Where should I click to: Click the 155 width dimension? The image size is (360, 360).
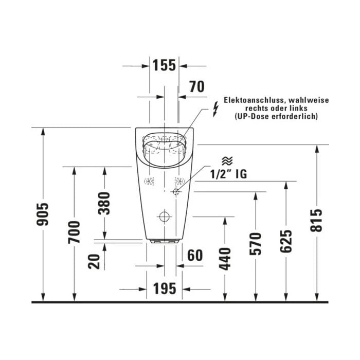[x=164, y=65]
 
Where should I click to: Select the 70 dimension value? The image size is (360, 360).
[x=197, y=86]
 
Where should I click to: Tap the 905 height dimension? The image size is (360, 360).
[x=43, y=214]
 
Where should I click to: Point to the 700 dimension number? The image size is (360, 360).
[x=74, y=232]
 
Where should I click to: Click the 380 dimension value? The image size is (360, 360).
[x=104, y=204]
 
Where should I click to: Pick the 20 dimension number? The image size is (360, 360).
[x=94, y=261]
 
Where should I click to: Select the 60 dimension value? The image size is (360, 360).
[x=195, y=255]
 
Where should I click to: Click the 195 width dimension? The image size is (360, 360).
[x=165, y=289]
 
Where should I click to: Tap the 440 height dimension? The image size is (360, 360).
[x=225, y=259]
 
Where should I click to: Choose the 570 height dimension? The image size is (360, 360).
[x=256, y=244]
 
